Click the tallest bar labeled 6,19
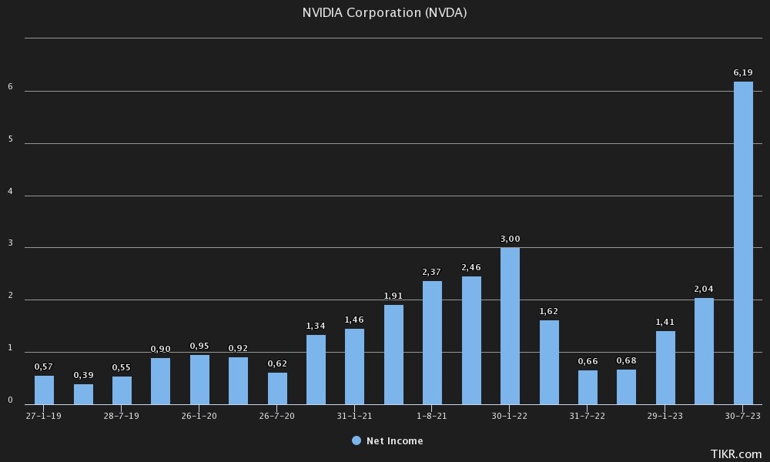tap(743, 243)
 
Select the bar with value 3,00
tap(510, 326)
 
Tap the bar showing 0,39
tap(83, 394)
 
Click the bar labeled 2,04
tap(704, 351)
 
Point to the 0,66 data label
tap(588, 361)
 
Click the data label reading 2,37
tap(432, 272)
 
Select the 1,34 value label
tap(316, 326)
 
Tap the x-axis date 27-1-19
tap(44, 415)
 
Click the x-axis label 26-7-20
tap(277, 415)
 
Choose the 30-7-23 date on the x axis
tap(743, 415)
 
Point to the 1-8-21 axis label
tap(432, 415)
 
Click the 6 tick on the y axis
tap(10, 87)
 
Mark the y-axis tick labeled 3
tap(10, 244)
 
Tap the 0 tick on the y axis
tap(10, 400)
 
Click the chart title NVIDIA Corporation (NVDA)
tap(384, 13)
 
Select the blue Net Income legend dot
tap(356, 440)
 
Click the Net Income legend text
tap(394, 441)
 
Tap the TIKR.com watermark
tap(737, 454)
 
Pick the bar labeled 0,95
tap(199, 380)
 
